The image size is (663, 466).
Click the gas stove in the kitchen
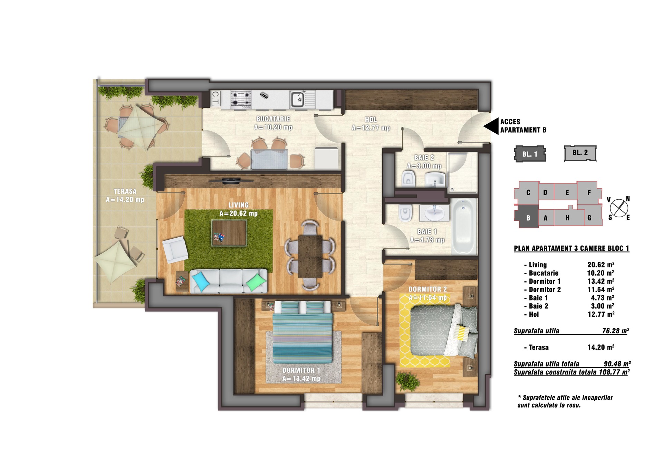pos(241,98)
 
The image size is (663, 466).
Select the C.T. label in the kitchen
pos(215,98)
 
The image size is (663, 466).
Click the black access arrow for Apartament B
pos(491,126)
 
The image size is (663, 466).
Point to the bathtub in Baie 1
pos(464,226)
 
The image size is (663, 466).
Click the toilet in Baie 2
pos(408,179)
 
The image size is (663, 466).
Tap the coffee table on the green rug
pos(229,233)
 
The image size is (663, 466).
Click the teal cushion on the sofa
pos(201,281)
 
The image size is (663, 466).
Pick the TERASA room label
pos(125,191)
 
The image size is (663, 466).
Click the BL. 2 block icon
pos(580,153)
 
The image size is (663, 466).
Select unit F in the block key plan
pos(589,192)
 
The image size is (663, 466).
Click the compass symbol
pos(618,208)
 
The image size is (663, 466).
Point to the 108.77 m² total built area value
pos(614,372)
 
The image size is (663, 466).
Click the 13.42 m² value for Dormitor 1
pos(601,281)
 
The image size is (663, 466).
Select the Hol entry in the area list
pos(534,314)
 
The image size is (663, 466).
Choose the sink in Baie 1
pos(434,213)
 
